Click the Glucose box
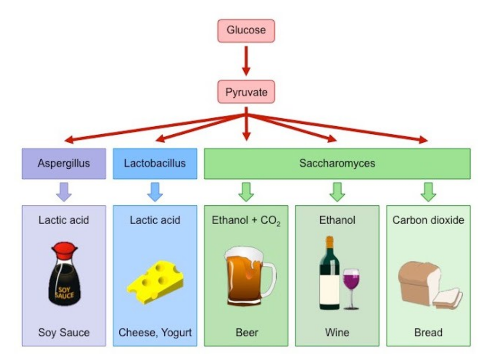click(247, 31)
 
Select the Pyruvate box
click(247, 92)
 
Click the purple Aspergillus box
click(64, 163)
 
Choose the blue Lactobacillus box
click(155, 163)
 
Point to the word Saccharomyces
click(337, 163)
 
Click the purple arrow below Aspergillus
click(64, 191)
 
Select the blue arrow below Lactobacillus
click(155, 191)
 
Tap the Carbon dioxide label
click(428, 220)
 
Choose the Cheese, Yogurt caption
click(155, 333)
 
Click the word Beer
click(246, 333)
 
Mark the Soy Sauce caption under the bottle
click(64, 333)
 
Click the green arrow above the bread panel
click(428, 191)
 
